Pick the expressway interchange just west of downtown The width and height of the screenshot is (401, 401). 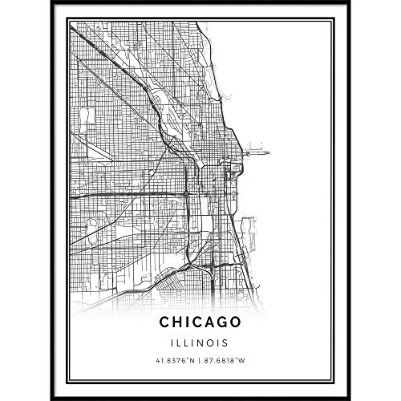click(185, 195)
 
